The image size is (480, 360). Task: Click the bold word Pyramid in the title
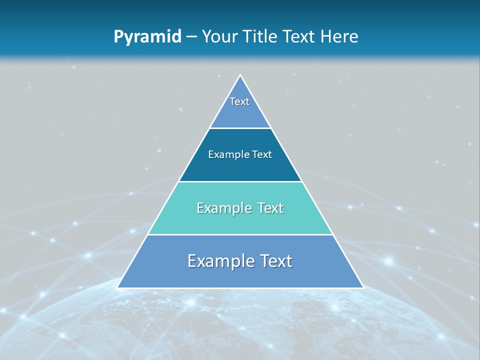click(147, 36)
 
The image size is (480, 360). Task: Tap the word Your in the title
click(219, 36)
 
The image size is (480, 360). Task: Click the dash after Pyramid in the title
click(191, 37)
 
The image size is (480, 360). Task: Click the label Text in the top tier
click(239, 101)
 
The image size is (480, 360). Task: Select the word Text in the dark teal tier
click(262, 154)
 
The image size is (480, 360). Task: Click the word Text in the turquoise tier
click(270, 208)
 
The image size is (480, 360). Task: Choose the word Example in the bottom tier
click(217, 261)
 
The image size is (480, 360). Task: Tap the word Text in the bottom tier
click(275, 261)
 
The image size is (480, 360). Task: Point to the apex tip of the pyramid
click(240, 76)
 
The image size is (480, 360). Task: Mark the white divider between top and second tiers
click(240, 128)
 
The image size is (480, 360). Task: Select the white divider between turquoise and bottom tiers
click(240, 234)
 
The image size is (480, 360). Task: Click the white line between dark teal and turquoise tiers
click(240, 181)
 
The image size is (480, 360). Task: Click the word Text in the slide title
click(299, 36)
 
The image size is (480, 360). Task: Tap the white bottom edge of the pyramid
click(240, 288)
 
